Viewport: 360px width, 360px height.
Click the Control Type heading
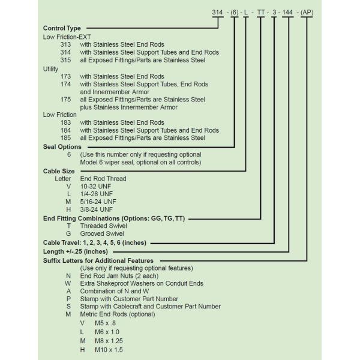click(62, 28)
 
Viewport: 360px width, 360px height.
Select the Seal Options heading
click(62, 146)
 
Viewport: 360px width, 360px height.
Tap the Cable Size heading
click(59, 170)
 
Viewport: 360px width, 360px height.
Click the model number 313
click(66, 44)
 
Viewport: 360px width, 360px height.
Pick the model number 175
click(66, 100)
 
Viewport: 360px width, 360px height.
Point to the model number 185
click(66, 138)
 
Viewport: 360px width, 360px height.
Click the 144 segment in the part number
click(289, 11)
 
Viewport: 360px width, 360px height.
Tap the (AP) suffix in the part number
click(307, 11)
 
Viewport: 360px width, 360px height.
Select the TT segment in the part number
click(261, 11)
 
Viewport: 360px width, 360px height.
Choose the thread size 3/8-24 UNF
click(96, 209)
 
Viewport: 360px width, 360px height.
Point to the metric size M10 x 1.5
click(109, 350)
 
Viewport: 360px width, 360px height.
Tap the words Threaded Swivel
click(103, 226)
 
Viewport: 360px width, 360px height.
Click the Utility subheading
click(52, 68)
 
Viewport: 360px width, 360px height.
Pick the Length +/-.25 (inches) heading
click(76, 251)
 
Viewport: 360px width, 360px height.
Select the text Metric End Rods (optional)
click(118, 314)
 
